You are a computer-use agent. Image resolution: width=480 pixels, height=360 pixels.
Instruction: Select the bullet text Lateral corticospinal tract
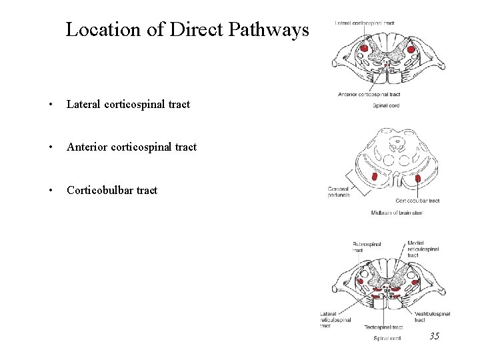[128, 104]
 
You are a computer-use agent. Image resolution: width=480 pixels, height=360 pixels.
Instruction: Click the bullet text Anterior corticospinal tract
[131, 147]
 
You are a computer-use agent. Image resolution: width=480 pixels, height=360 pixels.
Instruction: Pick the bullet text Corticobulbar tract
[111, 190]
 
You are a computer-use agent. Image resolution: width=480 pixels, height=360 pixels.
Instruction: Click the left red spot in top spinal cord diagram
[365, 49]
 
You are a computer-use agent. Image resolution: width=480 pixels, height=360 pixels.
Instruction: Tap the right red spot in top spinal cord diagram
[411, 49]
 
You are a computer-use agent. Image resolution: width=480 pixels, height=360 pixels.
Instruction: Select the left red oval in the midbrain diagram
[375, 177]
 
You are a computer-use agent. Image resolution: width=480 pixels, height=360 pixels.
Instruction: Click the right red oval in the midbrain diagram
[418, 178]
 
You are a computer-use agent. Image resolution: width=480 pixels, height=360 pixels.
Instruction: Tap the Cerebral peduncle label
[339, 192]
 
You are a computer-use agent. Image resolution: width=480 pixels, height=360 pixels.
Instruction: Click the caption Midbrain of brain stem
[397, 213]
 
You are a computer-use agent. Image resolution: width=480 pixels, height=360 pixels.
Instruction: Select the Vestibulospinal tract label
[432, 317]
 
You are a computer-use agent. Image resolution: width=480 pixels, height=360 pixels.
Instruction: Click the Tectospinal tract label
[383, 327]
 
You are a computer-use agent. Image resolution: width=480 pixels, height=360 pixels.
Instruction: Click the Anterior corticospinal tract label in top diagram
[369, 95]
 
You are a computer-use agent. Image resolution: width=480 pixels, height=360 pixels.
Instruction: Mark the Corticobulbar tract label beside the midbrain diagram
[417, 201]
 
